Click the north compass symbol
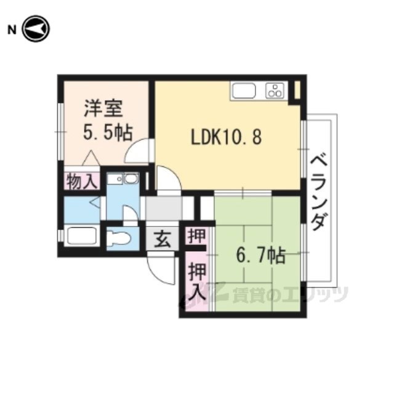pyautogui.click(x=36, y=29)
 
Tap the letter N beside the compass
pyautogui.click(x=12, y=30)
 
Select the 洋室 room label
pyautogui.click(x=103, y=108)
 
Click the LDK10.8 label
pyautogui.click(x=227, y=137)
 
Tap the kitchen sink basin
pyautogui.click(x=244, y=91)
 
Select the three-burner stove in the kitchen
pyautogui.click(x=275, y=90)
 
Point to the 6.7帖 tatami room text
pyautogui.click(x=260, y=255)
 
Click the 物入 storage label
pyautogui.click(x=82, y=181)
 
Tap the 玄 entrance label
pyautogui.click(x=163, y=239)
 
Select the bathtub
pyautogui.click(x=82, y=235)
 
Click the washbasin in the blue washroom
pyautogui.click(x=131, y=179)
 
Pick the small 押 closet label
pyautogui.click(x=197, y=235)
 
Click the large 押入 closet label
pyautogui.click(x=197, y=282)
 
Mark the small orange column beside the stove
pyautogui.click(x=297, y=89)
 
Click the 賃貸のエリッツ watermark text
pyautogui.click(x=290, y=295)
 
